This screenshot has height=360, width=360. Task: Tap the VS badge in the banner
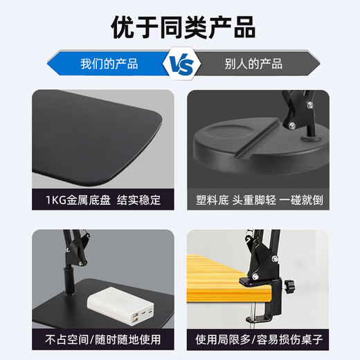pos(179,64)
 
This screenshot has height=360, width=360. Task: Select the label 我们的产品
pos(109,64)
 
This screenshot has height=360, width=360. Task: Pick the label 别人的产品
pos(254,64)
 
